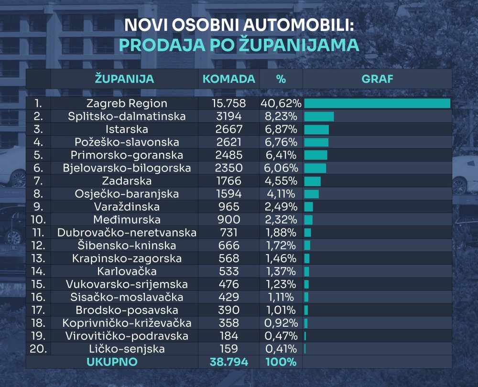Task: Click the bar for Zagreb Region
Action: [x=377, y=103]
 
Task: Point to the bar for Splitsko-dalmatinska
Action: [x=319, y=116]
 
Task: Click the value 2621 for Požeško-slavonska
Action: [x=228, y=142]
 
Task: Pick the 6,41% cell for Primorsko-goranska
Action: [x=281, y=155]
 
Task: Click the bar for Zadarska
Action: [x=312, y=181]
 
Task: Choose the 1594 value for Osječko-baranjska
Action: [x=228, y=194]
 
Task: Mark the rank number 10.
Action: [x=38, y=220]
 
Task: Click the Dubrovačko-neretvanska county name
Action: [x=127, y=233]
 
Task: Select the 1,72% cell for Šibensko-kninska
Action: [x=281, y=246]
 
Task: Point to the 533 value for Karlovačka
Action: [x=228, y=271]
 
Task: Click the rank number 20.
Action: [x=38, y=349]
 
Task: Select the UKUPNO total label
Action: [x=112, y=362]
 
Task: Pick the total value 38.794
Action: [x=228, y=362]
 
